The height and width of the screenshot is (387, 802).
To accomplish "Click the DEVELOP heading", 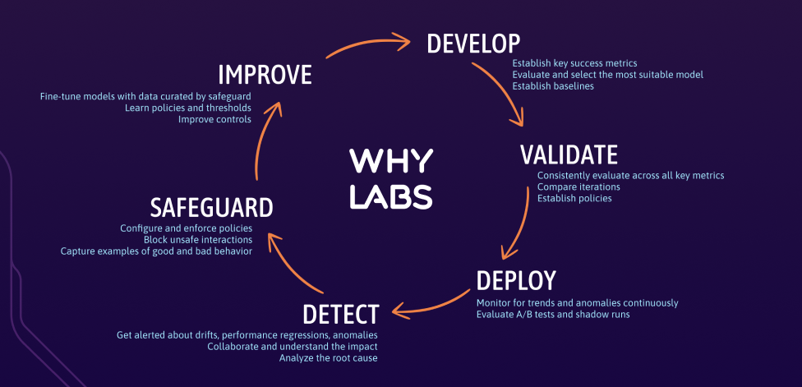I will click(x=473, y=43).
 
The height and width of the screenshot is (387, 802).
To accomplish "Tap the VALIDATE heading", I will click(x=569, y=154).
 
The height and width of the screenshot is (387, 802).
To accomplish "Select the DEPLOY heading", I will click(x=516, y=281).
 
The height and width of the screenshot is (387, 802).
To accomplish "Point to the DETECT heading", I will click(x=340, y=314).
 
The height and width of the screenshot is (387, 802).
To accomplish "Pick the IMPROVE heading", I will click(x=265, y=75).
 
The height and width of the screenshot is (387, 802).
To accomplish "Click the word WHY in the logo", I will click(x=390, y=160).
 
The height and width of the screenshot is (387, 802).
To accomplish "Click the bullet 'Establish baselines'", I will click(x=552, y=86).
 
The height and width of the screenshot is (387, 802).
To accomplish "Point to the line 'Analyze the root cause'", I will click(x=329, y=358).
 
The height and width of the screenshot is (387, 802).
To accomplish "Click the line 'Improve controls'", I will click(x=214, y=119).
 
